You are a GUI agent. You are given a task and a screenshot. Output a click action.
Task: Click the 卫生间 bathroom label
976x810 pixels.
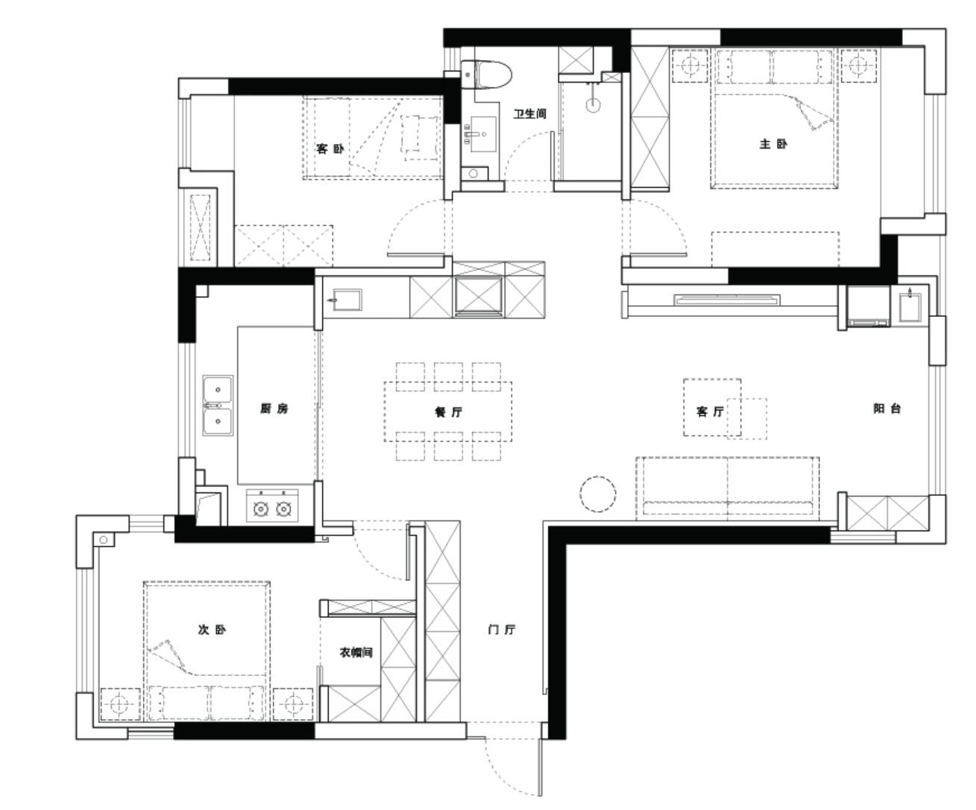[x=529, y=113]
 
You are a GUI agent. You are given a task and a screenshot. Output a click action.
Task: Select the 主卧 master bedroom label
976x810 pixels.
[x=773, y=143]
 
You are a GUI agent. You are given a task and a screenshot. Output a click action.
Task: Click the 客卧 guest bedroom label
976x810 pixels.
[x=330, y=148]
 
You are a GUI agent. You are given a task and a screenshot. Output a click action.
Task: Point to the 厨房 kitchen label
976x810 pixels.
[x=274, y=408]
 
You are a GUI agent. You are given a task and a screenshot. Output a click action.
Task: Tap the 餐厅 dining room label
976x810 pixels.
[x=448, y=412]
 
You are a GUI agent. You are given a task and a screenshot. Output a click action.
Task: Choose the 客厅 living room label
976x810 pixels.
[x=710, y=412]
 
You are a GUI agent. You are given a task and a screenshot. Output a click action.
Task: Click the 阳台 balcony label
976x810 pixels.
[x=887, y=408]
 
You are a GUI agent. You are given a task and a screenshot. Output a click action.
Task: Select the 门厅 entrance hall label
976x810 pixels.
[x=501, y=630]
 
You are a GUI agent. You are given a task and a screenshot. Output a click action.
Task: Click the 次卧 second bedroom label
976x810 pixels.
[x=212, y=630]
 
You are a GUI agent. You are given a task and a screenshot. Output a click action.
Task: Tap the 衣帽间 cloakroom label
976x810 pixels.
[x=356, y=652]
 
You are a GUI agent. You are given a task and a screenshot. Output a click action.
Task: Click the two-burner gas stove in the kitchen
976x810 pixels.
[x=272, y=506]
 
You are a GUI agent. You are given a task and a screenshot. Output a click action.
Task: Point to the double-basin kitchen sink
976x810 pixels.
[x=218, y=405]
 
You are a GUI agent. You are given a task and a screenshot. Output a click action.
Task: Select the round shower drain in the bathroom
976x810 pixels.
[x=594, y=106]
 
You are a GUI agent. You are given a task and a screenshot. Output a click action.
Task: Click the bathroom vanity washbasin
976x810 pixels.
[x=483, y=134]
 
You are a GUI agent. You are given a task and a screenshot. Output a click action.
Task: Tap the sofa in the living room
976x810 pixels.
[x=727, y=489]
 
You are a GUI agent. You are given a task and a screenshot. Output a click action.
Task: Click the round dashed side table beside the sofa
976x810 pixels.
[x=598, y=494]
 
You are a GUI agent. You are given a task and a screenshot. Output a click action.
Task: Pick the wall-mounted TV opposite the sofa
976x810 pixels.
[x=726, y=299]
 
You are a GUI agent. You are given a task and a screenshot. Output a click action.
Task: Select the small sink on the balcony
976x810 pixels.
[x=910, y=307]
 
